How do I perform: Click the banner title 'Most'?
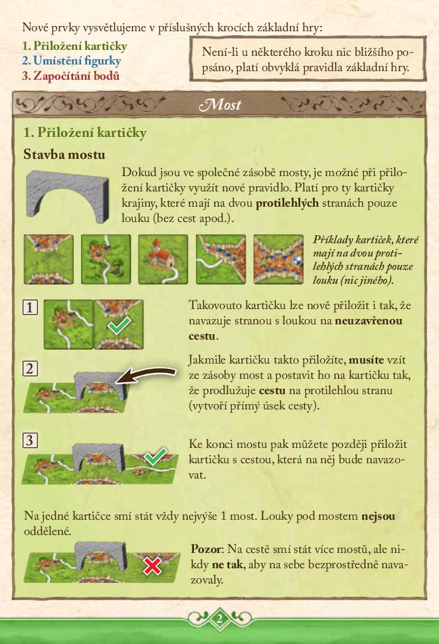coord(220,104)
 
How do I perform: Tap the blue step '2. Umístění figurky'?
coord(71,60)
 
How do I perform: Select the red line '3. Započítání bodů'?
coord(70,76)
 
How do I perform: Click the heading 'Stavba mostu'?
coord(64,154)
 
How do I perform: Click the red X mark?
coord(153,566)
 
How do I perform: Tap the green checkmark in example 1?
coord(119,325)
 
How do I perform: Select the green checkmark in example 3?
coord(155,456)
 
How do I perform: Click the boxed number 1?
coord(29,307)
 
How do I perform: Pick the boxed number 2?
coord(29,369)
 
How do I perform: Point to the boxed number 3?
coord(29,440)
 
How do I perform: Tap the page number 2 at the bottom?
coord(219,619)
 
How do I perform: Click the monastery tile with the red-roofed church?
coord(163,259)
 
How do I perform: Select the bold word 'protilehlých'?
coord(287,203)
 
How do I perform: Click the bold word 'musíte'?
coord(366,360)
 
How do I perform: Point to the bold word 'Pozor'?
coord(207,549)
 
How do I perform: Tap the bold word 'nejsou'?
coord(378,516)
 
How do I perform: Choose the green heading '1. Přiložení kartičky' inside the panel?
coord(85,133)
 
